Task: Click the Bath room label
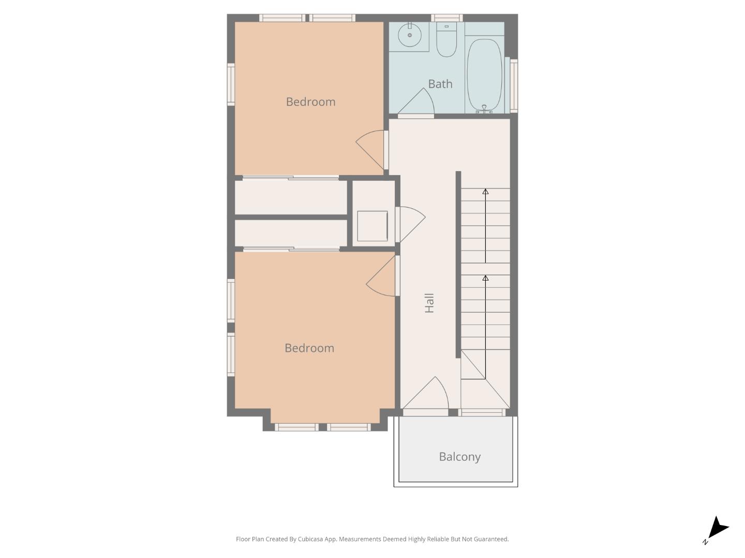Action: click(x=440, y=84)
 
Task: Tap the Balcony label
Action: click(x=459, y=457)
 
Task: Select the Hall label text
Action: click(x=429, y=303)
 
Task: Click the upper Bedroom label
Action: click(x=310, y=102)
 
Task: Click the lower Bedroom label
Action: click(x=309, y=348)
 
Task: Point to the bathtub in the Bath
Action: click(x=484, y=75)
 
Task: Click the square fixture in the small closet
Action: click(x=372, y=226)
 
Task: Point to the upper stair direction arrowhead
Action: click(x=485, y=192)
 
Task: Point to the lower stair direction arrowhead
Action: click(x=485, y=278)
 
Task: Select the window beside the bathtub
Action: click(x=514, y=86)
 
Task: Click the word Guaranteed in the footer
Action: click(x=491, y=539)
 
